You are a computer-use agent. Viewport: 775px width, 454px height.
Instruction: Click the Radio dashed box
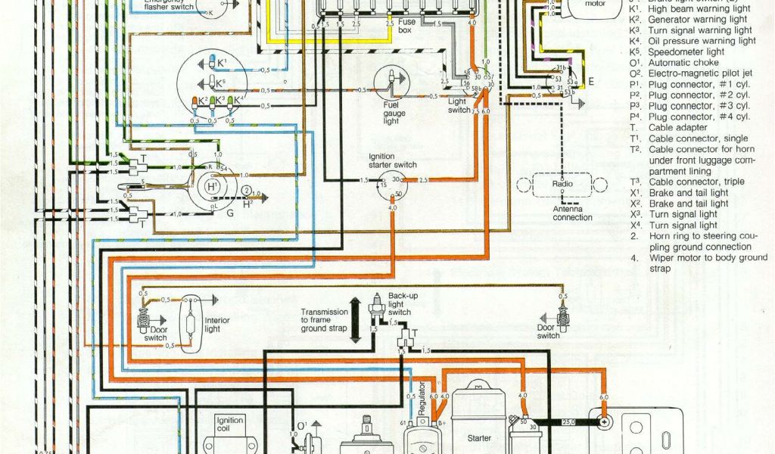click(x=562, y=184)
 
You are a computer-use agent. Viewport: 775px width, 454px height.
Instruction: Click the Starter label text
click(x=479, y=437)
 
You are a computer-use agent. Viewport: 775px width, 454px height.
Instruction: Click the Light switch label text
click(x=459, y=106)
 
